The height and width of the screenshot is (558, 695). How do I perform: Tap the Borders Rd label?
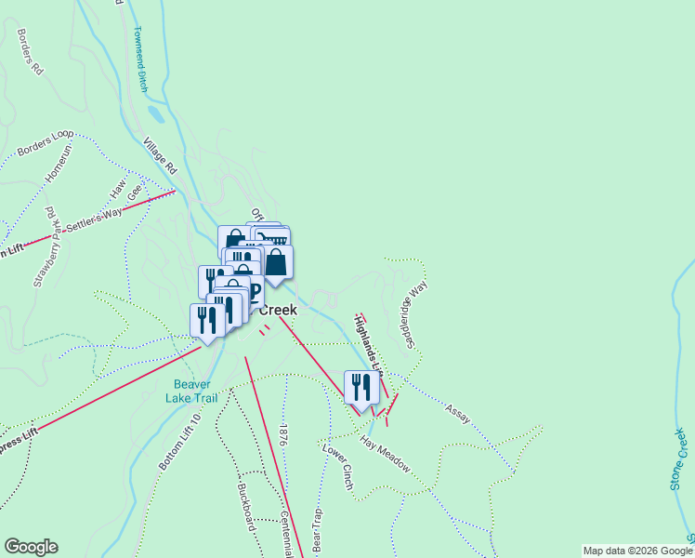point(30,51)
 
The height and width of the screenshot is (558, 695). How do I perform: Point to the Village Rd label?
point(160,156)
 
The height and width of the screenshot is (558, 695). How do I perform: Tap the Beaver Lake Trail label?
point(192,391)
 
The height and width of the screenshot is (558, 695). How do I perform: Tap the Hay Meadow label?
point(385,452)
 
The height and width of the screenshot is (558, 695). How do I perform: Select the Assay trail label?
point(457,409)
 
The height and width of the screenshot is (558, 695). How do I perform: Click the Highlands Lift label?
point(368,345)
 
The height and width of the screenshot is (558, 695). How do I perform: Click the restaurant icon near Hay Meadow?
point(361,388)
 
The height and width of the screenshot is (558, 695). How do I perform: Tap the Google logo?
point(31,547)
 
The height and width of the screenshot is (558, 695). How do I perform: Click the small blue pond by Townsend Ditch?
point(155,114)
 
